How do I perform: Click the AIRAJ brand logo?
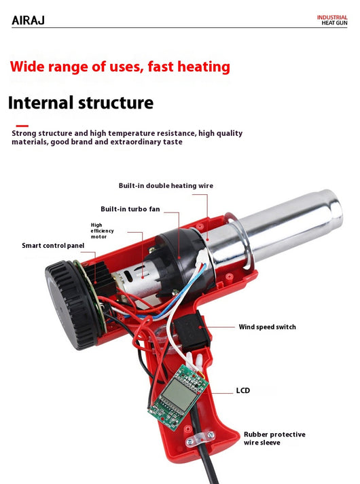(28, 20)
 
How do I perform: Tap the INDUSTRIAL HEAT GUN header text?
(332, 20)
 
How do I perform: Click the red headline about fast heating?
(120, 67)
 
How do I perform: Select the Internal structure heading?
(81, 103)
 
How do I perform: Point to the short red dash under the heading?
(22, 126)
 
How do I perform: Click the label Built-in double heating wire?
(166, 185)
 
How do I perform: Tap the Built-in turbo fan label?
(130, 209)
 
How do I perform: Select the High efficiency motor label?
(102, 231)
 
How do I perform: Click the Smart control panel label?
(53, 246)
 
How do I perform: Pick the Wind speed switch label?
(268, 327)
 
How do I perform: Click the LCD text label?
(243, 390)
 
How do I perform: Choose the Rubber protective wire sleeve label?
(274, 439)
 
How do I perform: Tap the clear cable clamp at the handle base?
(200, 439)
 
